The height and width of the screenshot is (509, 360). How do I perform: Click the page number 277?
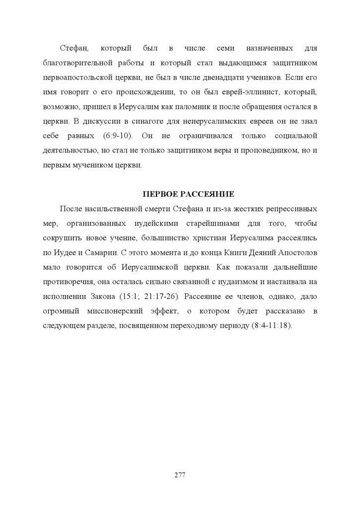click(x=180, y=475)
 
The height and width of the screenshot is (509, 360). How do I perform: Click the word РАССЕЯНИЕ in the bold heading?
click(x=205, y=194)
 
